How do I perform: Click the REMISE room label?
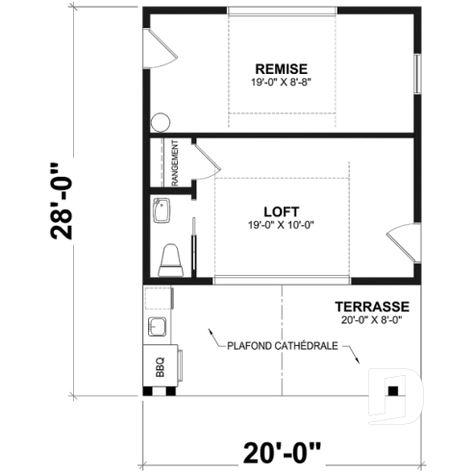tap(281, 68)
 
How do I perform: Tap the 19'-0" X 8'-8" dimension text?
tap(281, 81)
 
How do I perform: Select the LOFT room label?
tap(281, 211)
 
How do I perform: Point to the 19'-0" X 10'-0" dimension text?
tap(281, 225)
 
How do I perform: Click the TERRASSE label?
tap(378, 307)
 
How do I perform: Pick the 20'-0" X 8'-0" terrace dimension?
tap(375, 319)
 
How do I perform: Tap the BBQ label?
tap(160, 367)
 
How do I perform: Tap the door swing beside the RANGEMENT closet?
tap(203, 160)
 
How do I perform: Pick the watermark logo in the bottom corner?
tap(395, 391)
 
